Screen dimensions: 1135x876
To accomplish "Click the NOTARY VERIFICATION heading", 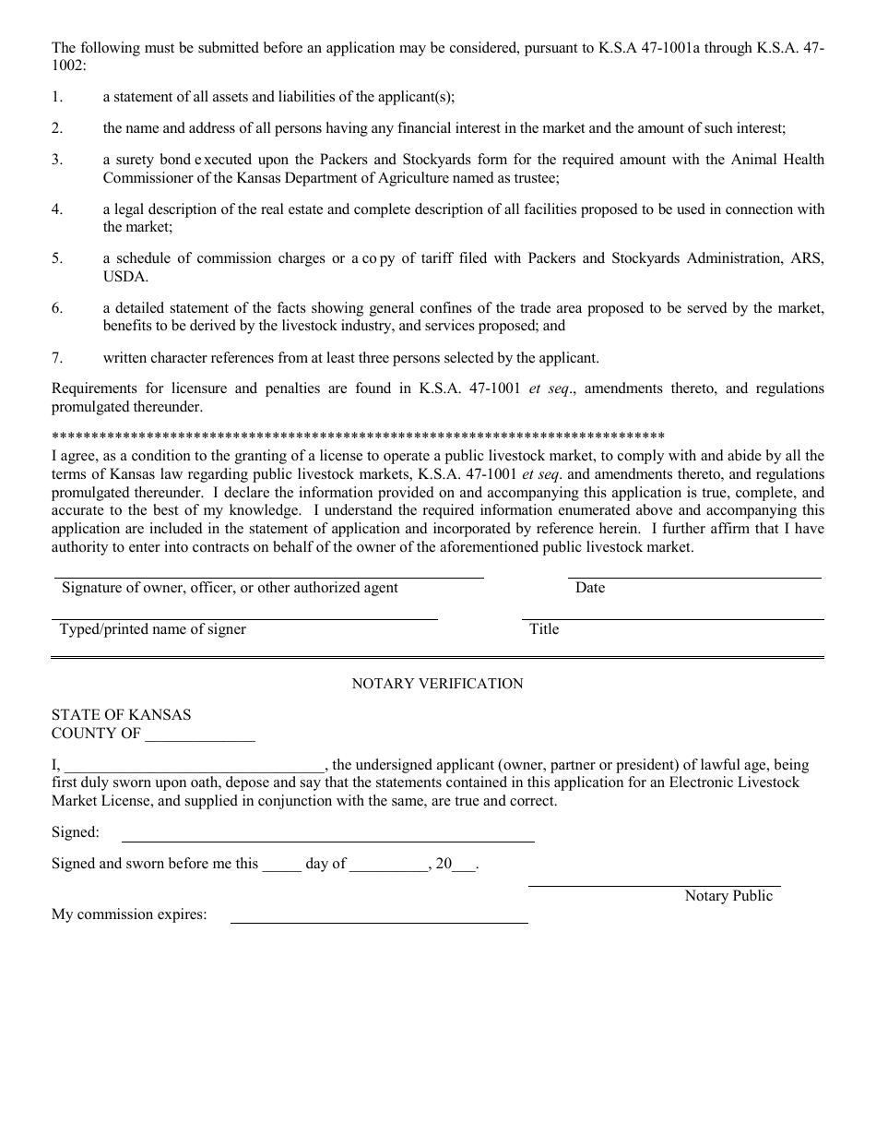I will point(437,684).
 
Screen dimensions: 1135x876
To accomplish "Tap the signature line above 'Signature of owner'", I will point(267,577).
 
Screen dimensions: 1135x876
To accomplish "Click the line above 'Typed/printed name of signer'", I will point(244,618).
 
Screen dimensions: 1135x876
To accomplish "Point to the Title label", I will point(544,629).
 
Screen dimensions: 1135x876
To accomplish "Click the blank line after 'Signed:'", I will point(328,840).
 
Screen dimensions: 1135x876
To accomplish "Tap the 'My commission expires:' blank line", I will point(378,921).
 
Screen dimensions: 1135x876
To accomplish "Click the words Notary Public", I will point(728,896).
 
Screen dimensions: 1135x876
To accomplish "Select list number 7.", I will point(57,357).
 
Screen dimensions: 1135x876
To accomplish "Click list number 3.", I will point(57,160).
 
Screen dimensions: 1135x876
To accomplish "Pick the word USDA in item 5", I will point(124,277).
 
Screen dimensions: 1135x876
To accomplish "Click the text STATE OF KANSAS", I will point(122,715).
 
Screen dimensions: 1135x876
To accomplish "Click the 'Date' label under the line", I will point(590,588).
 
